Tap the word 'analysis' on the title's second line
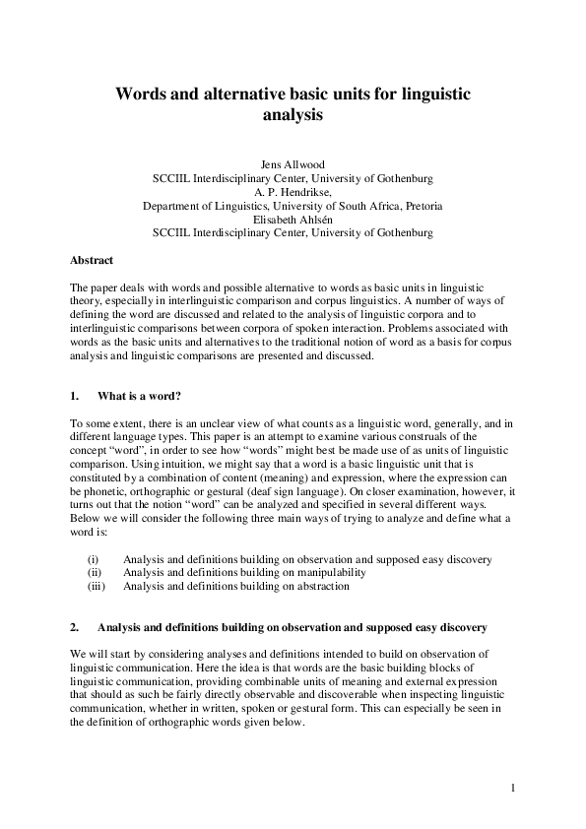click(x=293, y=114)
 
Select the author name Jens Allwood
click(x=293, y=164)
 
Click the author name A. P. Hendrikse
click(x=293, y=192)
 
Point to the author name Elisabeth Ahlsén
click(x=293, y=220)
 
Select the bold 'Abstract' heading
click(x=92, y=260)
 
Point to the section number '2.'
click(x=75, y=627)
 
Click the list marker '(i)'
click(x=94, y=559)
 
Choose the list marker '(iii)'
click(x=97, y=586)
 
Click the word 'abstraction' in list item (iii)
click(x=322, y=586)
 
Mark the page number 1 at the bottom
click(x=513, y=788)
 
